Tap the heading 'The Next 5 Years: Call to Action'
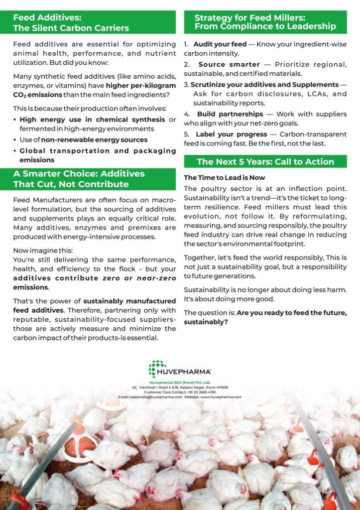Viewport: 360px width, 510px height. point(265,161)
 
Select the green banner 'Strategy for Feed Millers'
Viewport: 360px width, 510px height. point(265,22)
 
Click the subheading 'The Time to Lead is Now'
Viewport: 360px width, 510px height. point(224,178)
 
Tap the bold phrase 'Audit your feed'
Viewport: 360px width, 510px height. point(220,44)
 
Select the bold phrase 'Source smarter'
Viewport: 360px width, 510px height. point(229,65)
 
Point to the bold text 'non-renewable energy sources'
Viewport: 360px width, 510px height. point(94,140)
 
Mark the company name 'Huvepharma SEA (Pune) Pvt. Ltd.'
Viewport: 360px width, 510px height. point(180,382)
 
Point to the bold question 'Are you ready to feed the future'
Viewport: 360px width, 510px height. point(292,313)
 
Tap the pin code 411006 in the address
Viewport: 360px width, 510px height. point(221,387)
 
